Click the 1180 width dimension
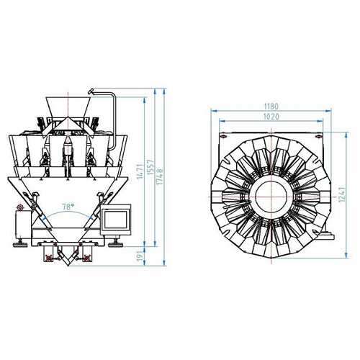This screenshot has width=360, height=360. tap(271, 106)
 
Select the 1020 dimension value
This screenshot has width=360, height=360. tap(271, 117)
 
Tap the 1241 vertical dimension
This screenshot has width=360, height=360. tap(342, 194)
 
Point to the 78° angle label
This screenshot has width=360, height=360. tap(68, 207)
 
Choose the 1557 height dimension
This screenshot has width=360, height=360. tap(150, 167)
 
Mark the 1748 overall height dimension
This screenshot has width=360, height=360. tap(160, 176)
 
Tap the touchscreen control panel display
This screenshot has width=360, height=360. tap(116, 220)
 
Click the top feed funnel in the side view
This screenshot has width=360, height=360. tap(68, 107)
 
